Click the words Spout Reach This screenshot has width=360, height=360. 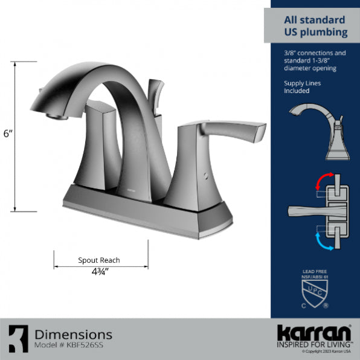[x=99, y=260]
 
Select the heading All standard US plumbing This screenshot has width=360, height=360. [x=315, y=26]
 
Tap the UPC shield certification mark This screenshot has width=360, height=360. [x=315, y=294]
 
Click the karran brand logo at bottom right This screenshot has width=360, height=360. [x=313, y=333]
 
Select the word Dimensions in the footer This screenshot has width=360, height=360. [x=73, y=334]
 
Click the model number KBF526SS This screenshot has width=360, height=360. [x=67, y=346]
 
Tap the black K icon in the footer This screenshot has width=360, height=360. [x=18, y=339]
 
